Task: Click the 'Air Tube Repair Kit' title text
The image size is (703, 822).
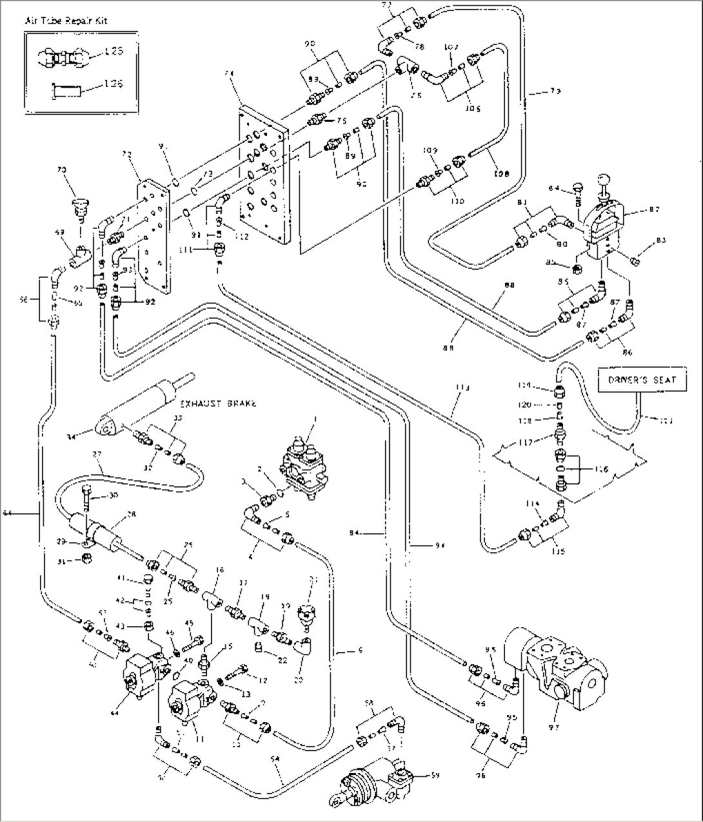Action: tap(66, 21)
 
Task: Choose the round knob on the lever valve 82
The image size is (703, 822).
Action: tap(605, 178)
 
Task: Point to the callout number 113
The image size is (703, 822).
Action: tap(462, 388)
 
